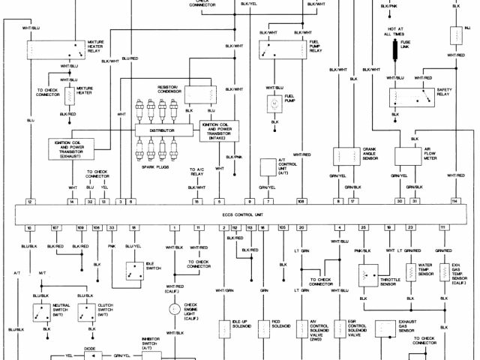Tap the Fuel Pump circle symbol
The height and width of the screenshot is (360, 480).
[274, 104]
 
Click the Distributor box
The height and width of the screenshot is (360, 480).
[165, 130]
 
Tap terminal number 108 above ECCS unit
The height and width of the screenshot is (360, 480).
[301, 202]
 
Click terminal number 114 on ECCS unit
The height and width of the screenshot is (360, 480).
[454, 202]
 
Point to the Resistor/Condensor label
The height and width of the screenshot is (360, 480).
[167, 89]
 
